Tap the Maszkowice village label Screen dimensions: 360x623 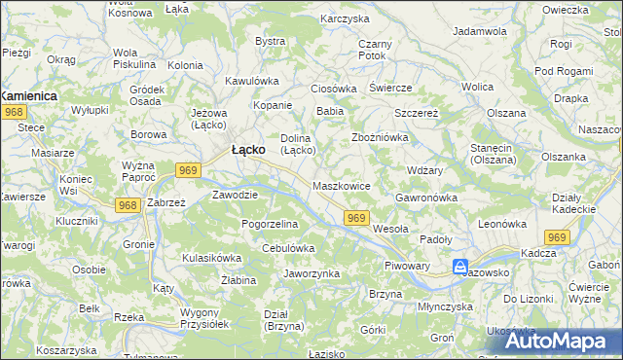click(342, 185)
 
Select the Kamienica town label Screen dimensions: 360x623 click(28, 96)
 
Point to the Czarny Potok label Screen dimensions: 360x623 click(375, 50)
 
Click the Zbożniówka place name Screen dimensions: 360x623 click(379, 137)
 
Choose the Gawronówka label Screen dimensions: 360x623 click(426, 198)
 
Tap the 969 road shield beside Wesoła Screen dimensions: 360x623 click(357, 219)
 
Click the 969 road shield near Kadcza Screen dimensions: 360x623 click(557, 237)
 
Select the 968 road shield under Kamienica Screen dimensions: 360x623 click(13, 113)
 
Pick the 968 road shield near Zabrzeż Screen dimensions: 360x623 click(126, 205)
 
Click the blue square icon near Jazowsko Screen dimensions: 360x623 click(459, 266)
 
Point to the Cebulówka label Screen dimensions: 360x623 click(288, 248)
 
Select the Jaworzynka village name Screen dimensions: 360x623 click(311, 273)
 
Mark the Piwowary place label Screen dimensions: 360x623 click(407, 265)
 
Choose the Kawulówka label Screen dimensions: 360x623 click(251, 81)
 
